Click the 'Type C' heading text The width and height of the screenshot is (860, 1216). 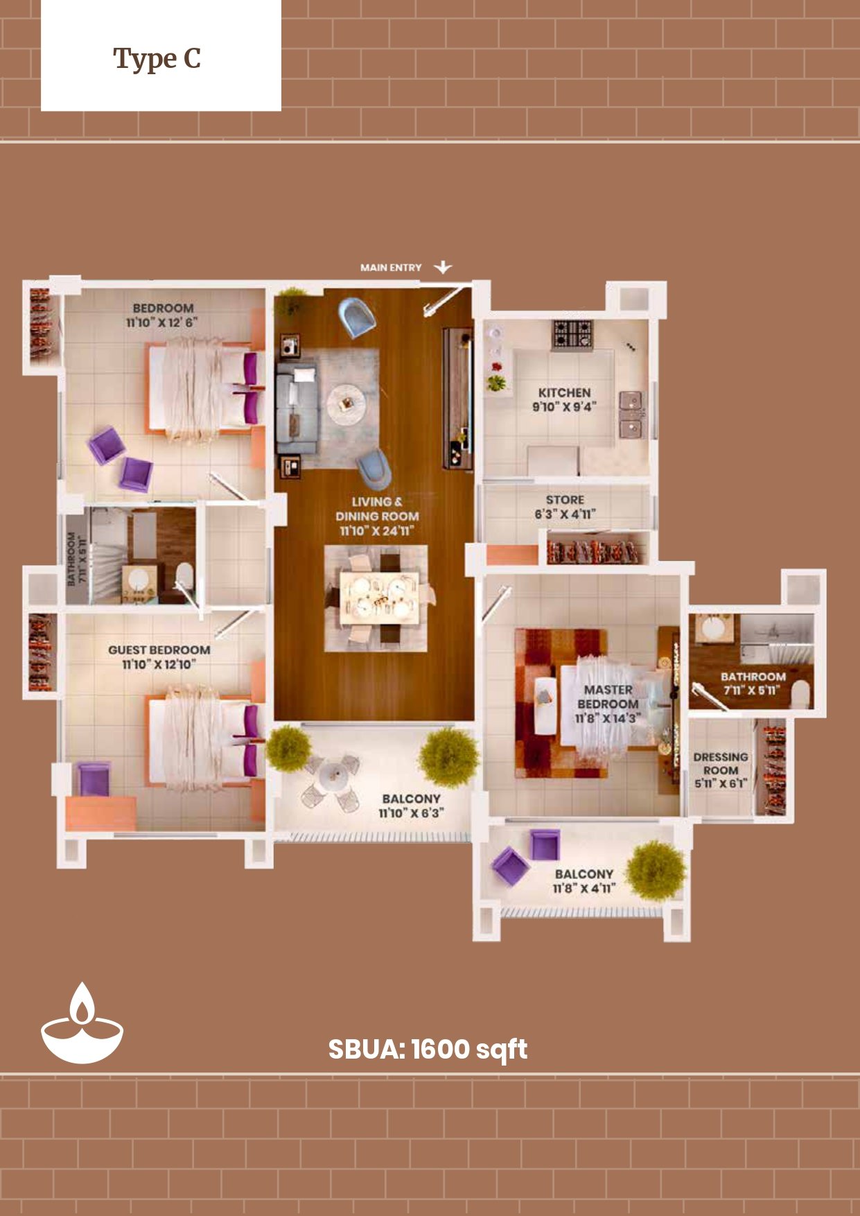pos(157,60)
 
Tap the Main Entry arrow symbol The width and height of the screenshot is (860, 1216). pos(443,267)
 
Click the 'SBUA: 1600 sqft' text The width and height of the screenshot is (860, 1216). pos(428,1050)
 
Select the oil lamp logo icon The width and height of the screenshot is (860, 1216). pos(82,1024)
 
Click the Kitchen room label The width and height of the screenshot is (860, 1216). pos(564,399)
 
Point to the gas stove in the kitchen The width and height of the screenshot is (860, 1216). pos(572,335)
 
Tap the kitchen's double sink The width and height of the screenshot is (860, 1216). pos(631,415)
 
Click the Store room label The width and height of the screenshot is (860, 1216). pos(565,507)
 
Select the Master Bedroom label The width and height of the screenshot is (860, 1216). pos(608,704)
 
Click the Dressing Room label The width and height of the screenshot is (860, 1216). pos(721,770)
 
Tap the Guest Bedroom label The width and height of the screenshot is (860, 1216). pos(159,657)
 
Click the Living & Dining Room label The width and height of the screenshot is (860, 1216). pos(377,516)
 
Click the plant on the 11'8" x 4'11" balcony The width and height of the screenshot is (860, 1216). pos(656,871)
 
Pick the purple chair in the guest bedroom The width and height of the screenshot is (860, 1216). pos(94,779)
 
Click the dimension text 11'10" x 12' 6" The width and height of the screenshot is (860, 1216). pos(161,322)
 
